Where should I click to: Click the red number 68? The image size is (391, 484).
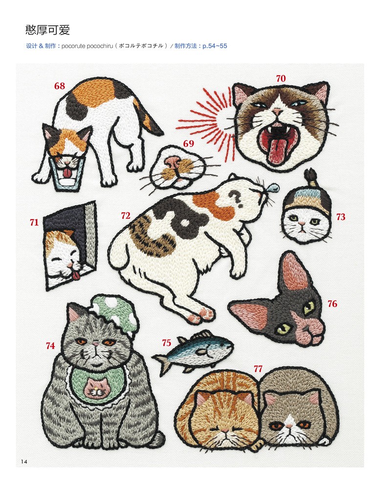point(60,86)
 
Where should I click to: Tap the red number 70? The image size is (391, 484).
point(281,78)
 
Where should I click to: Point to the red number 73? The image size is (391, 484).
point(341,217)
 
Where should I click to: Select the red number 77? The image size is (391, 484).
point(258,369)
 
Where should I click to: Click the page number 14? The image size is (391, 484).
point(24,462)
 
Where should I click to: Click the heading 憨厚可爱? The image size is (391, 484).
point(48,30)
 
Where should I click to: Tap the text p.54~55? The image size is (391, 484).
point(215,46)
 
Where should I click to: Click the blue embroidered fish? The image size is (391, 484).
point(193,351)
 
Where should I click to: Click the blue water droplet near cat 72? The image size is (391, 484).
point(273,187)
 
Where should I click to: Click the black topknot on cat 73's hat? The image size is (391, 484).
point(310,177)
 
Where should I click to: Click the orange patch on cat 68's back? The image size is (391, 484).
point(94,92)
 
